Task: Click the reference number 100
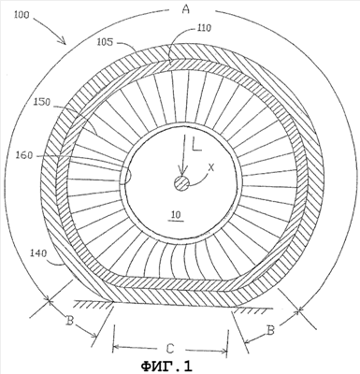[x=22, y=15]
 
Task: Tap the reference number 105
[x=105, y=42]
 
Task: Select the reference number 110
[x=204, y=28]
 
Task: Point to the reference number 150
[x=41, y=102]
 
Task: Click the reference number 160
[x=24, y=155]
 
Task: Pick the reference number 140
[x=38, y=253]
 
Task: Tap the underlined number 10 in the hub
[x=176, y=215]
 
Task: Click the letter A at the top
[x=186, y=9]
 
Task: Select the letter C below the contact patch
[x=169, y=349]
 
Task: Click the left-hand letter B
[x=70, y=321]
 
